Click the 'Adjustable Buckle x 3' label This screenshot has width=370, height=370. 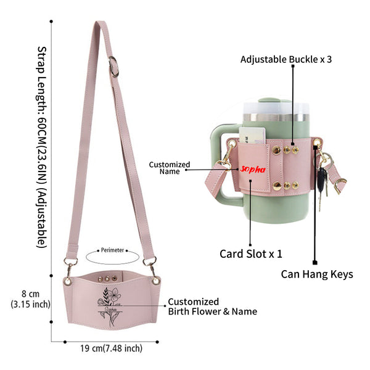(x=286, y=59)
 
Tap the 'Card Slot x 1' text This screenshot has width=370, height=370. (x=250, y=254)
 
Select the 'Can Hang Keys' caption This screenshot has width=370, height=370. (x=317, y=274)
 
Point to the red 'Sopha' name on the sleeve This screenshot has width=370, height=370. (x=253, y=169)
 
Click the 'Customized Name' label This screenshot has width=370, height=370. (x=170, y=168)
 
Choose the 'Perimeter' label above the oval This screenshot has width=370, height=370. (x=112, y=250)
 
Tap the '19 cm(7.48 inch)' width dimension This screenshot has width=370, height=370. (x=111, y=348)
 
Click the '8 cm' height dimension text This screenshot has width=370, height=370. (x=30, y=294)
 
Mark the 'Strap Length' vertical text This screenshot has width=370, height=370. (x=42, y=147)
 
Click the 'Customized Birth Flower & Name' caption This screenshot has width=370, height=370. (x=212, y=306)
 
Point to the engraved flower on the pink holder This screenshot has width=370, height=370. (x=110, y=306)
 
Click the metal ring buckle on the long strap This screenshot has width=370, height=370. (x=114, y=67)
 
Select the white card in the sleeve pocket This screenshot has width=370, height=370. (x=252, y=136)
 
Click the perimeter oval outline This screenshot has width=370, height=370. (x=112, y=263)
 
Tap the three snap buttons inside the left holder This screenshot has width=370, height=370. (x=107, y=279)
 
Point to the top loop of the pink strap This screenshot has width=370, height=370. (x=101, y=23)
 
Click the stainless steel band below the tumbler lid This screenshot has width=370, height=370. (x=276, y=118)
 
